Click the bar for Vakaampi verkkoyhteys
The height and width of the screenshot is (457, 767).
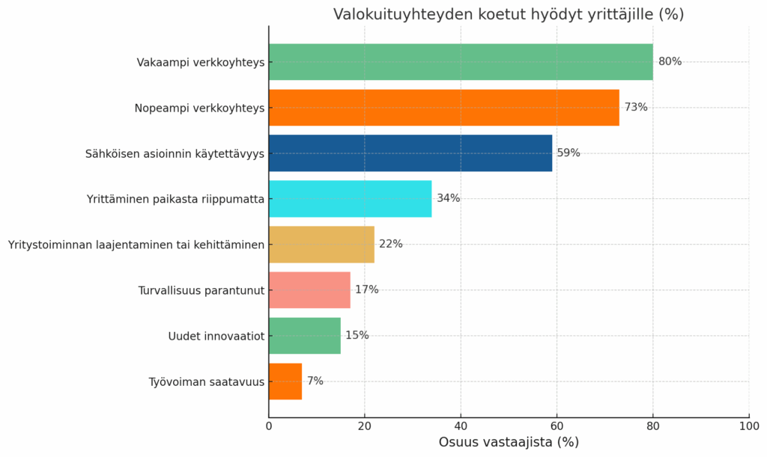(x=461, y=62)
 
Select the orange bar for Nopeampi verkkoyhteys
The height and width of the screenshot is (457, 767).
(x=443, y=108)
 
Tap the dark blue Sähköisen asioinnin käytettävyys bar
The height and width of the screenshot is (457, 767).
(x=410, y=153)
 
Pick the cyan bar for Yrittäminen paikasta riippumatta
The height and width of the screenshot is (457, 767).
(x=350, y=199)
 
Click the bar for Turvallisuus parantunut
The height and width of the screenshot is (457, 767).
(x=309, y=290)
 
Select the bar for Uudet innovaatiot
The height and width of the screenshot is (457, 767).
(x=304, y=336)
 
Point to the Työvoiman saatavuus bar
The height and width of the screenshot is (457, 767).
(x=285, y=381)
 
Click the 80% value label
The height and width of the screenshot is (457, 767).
(x=670, y=62)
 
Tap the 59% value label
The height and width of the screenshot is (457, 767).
(x=569, y=153)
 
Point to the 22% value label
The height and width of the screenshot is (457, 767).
(x=391, y=245)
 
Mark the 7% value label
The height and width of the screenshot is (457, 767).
(x=315, y=381)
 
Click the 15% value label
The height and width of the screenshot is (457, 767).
(x=357, y=336)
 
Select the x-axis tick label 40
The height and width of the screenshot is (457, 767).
(x=461, y=426)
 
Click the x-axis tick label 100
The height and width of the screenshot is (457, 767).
(x=749, y=426)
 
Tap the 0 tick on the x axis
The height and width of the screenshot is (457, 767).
(x=269, y=426)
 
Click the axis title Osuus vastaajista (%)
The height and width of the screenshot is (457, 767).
(x=509, y=443)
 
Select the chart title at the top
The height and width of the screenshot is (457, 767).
(x=509, y=14)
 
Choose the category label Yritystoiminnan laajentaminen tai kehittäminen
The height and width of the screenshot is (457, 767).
(x=136, y=245)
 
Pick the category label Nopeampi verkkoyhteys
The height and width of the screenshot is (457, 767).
(x=200, y=108)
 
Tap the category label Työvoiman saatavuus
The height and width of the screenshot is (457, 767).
(x=207, y=381)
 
